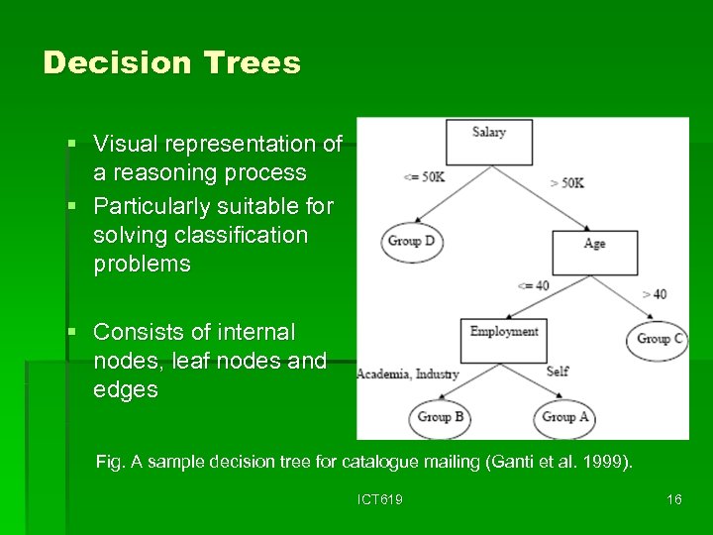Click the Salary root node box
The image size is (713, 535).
tap(488, 142)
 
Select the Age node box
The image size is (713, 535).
tap(594, 252)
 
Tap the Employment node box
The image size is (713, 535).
tap(503, 340)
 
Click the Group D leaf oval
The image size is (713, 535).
tap(412, 242)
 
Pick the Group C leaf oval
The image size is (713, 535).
tap(659, 339)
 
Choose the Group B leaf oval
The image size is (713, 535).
tap(441, 417)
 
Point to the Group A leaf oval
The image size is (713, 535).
tap(565, 417)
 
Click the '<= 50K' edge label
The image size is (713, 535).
tap(424, 177)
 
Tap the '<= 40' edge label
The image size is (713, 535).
tap(533, 286)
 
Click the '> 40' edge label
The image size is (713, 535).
tap(654, 293)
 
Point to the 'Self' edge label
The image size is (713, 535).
tap(558, 372)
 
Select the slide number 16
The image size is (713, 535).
tap(673, 499)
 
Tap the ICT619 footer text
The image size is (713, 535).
tap(380, 499)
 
